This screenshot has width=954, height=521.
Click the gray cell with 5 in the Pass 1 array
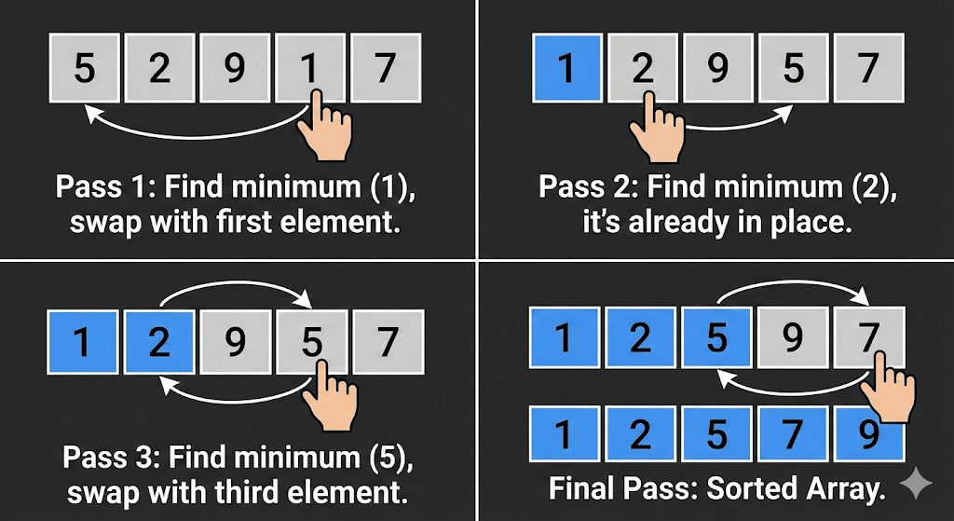coord(84,67)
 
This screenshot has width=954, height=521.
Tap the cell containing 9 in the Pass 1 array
coord(235,67)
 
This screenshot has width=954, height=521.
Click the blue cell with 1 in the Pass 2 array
coord(567,67)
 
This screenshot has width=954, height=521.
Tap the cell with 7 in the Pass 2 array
coord(869,67)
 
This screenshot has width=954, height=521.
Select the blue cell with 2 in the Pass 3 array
coord(158,341)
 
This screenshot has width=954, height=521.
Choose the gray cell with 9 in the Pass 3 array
coord(235,341)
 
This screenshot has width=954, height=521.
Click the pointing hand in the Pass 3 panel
coord(329,396)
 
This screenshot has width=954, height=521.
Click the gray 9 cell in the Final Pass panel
coord(793,337)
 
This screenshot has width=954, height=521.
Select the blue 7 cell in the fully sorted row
coord(793,433)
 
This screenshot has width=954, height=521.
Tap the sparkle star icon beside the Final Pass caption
coord(916,484)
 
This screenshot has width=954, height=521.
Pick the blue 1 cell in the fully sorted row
coord(565,433)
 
